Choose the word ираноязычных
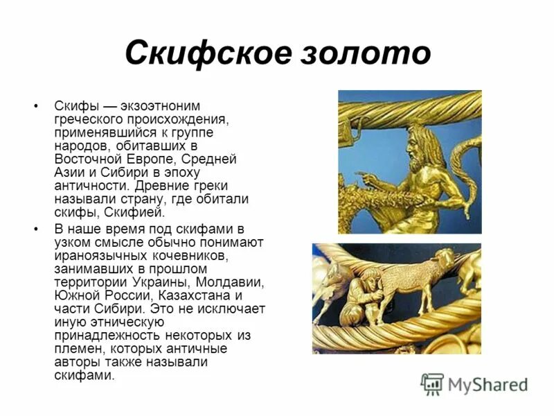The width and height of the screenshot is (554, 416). coord(98,256)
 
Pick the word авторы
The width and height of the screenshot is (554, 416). coord(77,362)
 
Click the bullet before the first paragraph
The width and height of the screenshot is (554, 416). coord(36,107)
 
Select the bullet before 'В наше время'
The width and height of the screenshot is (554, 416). coord(36,229)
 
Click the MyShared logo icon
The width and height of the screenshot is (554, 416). coord(432,383)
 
